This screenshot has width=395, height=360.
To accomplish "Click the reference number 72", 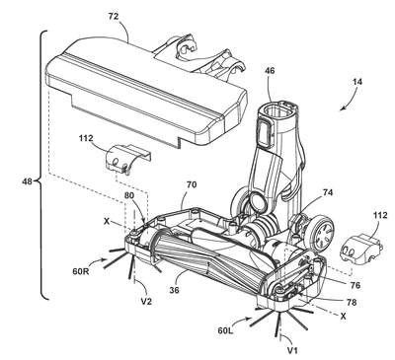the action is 113,17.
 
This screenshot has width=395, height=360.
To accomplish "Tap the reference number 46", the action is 269,71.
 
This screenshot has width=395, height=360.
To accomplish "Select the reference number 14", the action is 356,81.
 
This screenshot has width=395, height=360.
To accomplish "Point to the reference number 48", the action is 28,181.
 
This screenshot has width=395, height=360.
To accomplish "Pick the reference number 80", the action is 129,195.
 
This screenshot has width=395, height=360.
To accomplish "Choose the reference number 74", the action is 327,193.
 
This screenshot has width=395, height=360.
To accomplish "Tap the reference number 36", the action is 175,290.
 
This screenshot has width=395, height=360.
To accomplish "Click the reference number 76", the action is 355,285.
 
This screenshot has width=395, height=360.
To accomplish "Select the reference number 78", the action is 352,302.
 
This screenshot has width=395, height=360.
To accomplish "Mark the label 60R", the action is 80,271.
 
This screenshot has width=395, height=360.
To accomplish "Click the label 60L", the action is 225,330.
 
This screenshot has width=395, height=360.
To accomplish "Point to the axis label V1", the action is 292,351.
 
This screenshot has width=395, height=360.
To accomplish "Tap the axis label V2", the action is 146,301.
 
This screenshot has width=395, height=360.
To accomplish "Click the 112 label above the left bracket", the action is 86,138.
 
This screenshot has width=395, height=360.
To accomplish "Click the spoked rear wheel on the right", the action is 321,234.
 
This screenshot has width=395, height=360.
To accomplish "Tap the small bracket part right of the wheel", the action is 361,249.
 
